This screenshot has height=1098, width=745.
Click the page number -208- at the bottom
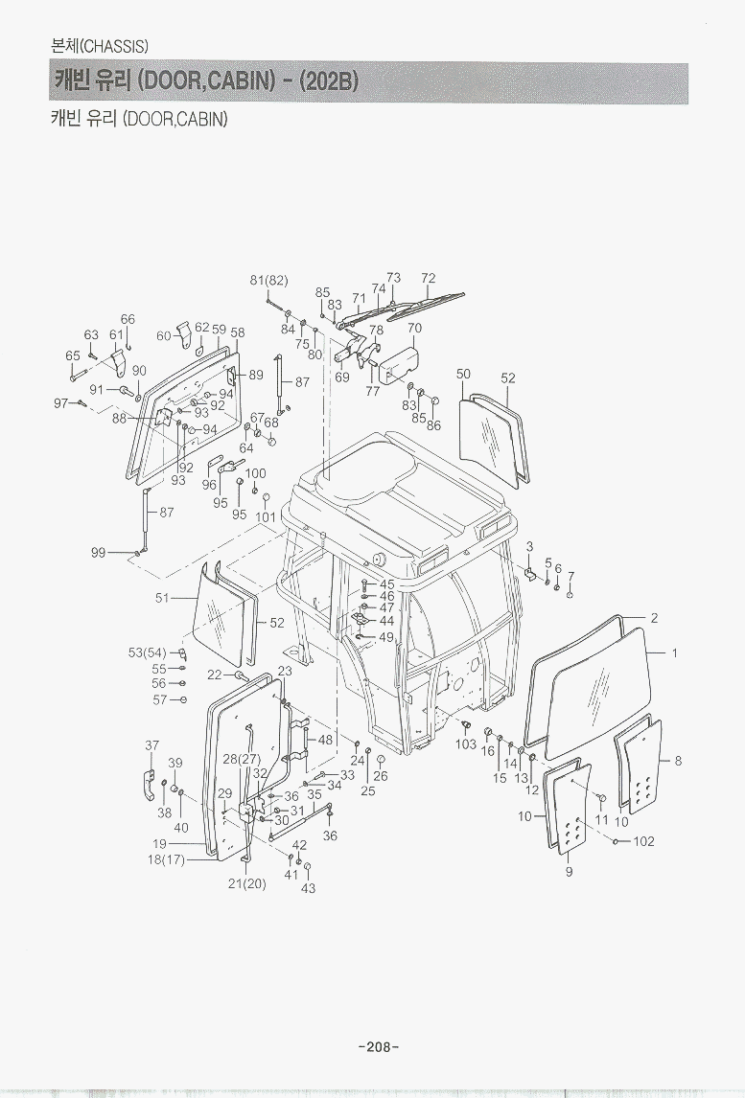(x=378, y=1046)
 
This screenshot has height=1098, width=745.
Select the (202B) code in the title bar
(x=329, y=81)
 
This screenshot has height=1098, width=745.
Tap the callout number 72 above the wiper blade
(x=429, y=279)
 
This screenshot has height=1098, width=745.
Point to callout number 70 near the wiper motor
(x=414, y=328)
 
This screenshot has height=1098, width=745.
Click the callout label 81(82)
(x=268, y=280)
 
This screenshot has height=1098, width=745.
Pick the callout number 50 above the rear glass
(x=463, y=374)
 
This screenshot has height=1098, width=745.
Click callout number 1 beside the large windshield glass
(x=675, y=653)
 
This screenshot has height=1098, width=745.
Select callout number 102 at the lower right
(x=643, y=842)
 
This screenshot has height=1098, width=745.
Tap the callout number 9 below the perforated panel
(x=569, y=872)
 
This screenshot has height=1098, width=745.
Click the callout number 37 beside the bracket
(x=151, y=745)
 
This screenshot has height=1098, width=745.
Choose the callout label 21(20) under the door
(x=246, y=883)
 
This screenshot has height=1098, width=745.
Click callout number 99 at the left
(x=98, y=552)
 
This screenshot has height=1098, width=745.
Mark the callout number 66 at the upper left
(x=128, y=319)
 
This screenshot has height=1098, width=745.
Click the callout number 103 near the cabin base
(x=466, y=743)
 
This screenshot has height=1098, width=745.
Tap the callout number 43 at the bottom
(x=309, y=888)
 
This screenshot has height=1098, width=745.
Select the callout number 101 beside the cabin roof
(x=266, y=517)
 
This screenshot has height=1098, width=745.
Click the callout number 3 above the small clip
(x=529, y=546)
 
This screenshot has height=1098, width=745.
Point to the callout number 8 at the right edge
(x=678, y=762)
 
